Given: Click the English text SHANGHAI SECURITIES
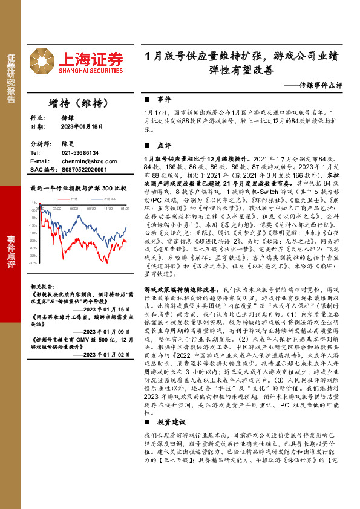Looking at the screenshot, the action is click(x=91, y=70).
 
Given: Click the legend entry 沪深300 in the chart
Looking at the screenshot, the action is click(x=110, y=198).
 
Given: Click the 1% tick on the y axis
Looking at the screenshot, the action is click(x=35, y=203).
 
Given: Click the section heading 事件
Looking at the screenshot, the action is click(x=163, y=99).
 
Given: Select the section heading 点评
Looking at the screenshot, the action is click(x=163, y=146).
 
